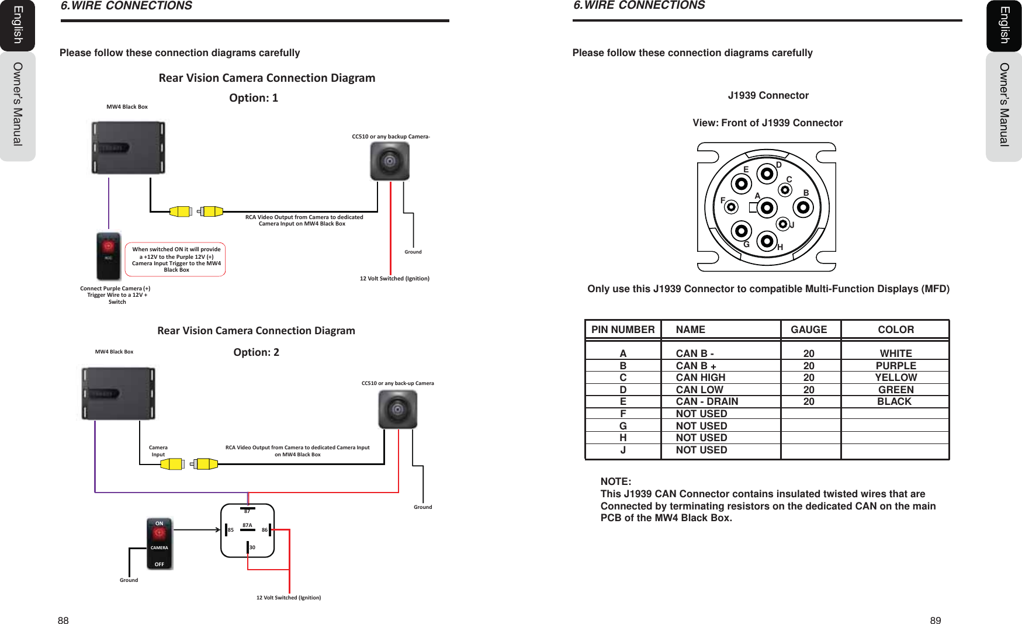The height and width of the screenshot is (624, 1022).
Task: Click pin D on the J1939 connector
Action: (767, 174)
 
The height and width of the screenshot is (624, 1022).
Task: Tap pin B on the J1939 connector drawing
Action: (803, 207)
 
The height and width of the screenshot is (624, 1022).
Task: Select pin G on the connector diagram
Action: (742, 230)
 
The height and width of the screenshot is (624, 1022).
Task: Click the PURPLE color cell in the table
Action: (895, 366)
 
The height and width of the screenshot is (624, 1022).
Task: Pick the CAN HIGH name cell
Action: (700, 377)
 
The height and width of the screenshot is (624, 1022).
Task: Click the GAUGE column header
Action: (809, 330)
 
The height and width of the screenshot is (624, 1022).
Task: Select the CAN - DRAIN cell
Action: (706, 401)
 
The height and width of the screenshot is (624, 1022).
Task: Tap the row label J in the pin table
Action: (623, 450)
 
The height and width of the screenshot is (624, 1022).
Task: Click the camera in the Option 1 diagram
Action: (390, 161)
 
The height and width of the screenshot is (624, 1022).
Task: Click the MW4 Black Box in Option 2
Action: (119, 393)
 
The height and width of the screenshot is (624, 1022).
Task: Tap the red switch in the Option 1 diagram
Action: (109, 256)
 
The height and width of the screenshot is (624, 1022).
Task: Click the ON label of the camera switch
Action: (159, 524)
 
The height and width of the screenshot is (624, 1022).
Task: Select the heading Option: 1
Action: (254, 98)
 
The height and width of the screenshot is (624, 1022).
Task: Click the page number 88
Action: (63, 620)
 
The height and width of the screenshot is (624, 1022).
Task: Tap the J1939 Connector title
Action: (768, 95)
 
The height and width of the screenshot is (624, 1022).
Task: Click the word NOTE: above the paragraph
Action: (615, 481)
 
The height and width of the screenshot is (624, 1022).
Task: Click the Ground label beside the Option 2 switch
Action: (129, 580)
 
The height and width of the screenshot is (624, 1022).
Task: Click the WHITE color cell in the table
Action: (895, 353)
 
